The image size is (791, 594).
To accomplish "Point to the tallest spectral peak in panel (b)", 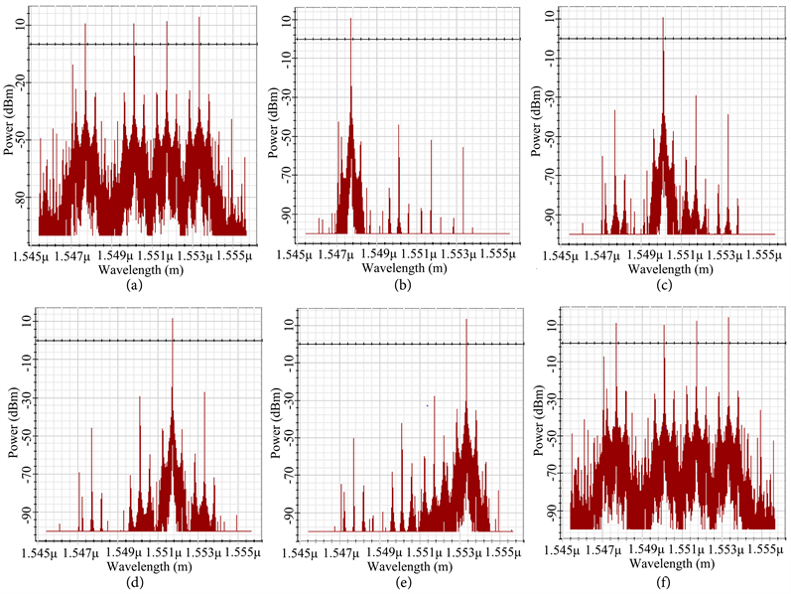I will (350, 19).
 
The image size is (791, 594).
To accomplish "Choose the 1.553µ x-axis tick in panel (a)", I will (198, 256).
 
